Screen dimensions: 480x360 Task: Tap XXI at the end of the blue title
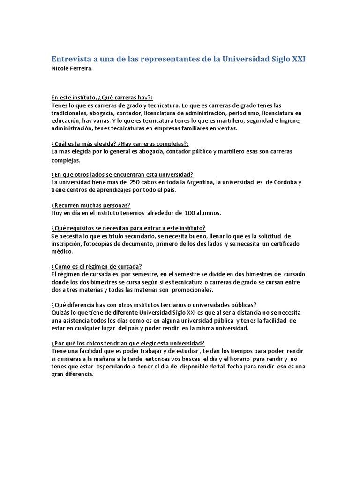298,59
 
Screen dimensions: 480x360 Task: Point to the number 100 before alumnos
191,213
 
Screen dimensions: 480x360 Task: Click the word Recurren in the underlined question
68,205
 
